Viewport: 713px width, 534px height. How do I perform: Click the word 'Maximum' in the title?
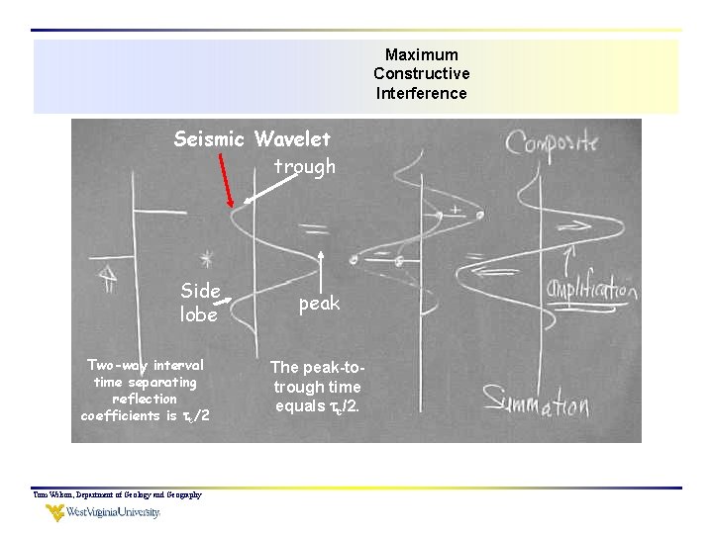tap(422, 54)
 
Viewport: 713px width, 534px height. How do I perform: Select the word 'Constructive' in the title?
tap(422, 73)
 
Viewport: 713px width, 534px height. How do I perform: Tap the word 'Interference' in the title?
tap(422, 93)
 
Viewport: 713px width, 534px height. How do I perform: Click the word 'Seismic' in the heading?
tap(210, 139)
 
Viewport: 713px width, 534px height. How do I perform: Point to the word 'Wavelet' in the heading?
tap(292, 139)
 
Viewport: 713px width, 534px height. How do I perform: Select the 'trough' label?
tap(305, 167)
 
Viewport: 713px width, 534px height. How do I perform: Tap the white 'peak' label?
tap(319, 304)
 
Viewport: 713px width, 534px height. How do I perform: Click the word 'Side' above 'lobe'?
tap(201, 291)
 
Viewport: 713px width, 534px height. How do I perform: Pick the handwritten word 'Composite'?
tap(553, 142)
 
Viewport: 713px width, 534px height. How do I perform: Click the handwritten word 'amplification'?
tap(591, 289)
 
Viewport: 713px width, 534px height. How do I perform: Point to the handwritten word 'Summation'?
tap(536, 401)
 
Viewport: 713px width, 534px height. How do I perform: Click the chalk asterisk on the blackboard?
tap(206, 259)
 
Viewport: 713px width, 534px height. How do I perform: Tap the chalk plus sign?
tap(455, 210)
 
